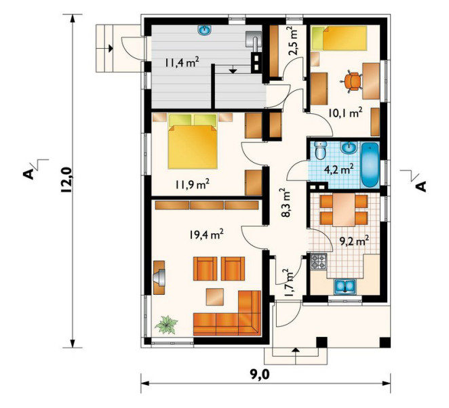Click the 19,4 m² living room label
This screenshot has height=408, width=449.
pyautogui.click(x=206, y=234)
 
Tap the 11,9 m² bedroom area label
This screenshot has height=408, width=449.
pyautogui.click(x=192, y=184)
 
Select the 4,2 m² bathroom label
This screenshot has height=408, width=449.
pyautogui.click(x=338, y=169)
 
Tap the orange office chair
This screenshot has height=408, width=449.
pyautogui.click(x=351, y=82)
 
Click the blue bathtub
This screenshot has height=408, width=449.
pyautogui.click(x=370, y=165)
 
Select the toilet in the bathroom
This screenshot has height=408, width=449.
pyautogui.click(x=319, y=150)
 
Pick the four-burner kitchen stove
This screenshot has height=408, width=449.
pyautogui.click(x=318, y=262)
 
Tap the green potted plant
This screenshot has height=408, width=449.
pyautogui.click(x=166, y=325)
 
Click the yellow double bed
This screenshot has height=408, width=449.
pyautogui.click(x=193, y=142)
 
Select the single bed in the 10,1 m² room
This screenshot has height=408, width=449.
pyautogui.click(x=339, y=38)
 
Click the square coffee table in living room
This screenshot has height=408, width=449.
pyautogui.click(x=215, y=297)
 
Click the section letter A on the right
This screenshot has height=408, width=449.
pyautogui.click(x=421, y=186)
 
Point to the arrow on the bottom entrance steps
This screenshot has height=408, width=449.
pyautogui.click(x=296, y=351)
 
